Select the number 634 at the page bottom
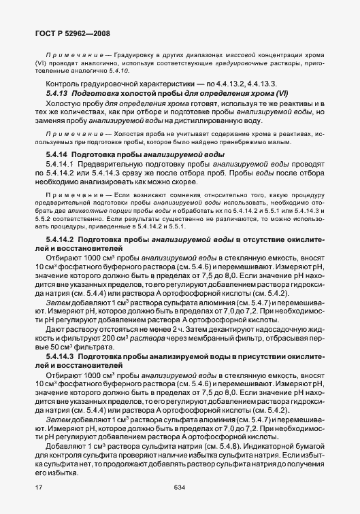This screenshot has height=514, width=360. (180, 488)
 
